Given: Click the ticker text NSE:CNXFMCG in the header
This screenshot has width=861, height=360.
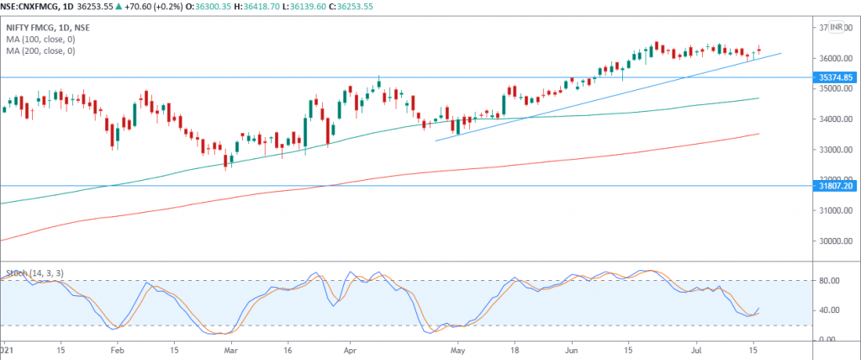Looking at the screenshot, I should [30, 4].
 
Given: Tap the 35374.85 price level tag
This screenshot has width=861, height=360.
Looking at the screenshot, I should [836, 77].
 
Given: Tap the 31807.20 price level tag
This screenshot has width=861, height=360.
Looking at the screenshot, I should [836, 186].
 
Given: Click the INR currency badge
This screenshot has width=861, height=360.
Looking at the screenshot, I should [837, 28].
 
